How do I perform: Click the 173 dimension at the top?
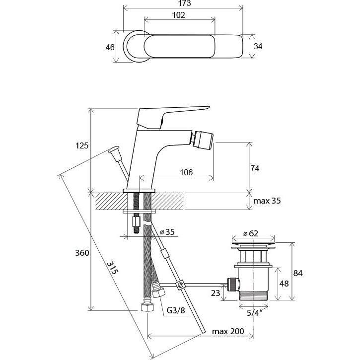coord(184,3)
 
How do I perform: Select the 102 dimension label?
coord(178,15)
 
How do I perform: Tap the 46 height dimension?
coord(110,47)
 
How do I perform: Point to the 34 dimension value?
coord(258,46)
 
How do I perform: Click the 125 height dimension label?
coord(82,145)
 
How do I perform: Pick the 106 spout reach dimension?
coord(186,172)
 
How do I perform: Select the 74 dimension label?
coord(255,168)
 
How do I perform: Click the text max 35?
coord(267,201)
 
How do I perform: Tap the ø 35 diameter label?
coord(167,232)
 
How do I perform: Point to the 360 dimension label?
coord(82,253)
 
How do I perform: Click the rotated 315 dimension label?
coord(113,268)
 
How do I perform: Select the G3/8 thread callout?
coord(176,310)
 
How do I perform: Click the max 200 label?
coord(228,331)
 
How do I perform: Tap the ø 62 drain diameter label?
coord(251,233)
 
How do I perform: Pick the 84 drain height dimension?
coord(298,273)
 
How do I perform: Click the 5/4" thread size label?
coord(254,312)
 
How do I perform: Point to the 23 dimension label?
coord(216,293)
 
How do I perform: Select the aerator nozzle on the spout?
coord(202,140)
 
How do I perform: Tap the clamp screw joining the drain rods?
coord(180,285)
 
